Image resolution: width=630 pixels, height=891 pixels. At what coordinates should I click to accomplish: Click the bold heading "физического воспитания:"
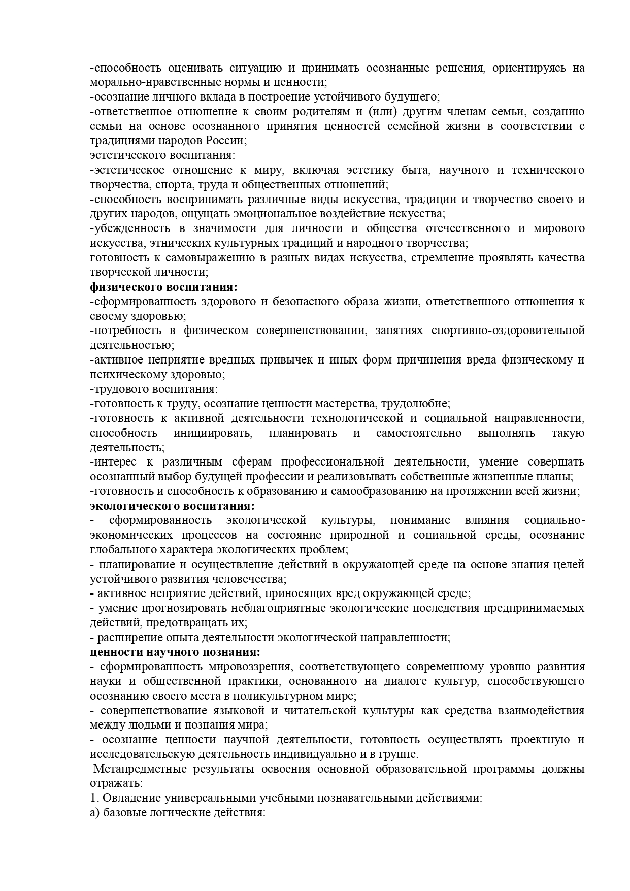163,287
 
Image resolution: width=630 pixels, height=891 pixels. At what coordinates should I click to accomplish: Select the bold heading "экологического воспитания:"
172,506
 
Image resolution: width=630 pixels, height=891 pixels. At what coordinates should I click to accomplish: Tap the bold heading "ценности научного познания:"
175,652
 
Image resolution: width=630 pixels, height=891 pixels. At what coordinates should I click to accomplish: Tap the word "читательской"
321,711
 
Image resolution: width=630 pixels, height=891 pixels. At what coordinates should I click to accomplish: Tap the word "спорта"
154,184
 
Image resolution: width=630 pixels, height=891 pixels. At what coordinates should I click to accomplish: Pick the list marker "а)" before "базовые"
95,813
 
